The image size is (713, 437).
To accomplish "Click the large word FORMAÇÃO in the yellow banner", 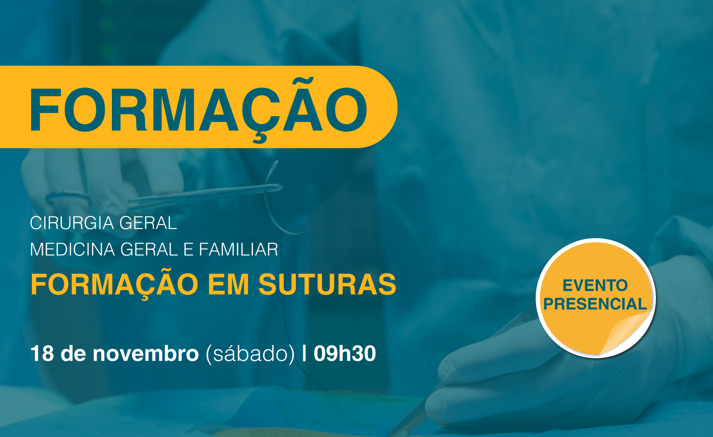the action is [199, 110].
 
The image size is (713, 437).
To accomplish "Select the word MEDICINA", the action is [72, 249].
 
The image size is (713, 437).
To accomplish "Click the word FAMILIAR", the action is [238, 249].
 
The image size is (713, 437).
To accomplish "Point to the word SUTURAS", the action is [327, 284].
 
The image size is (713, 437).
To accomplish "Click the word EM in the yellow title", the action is [228, 284].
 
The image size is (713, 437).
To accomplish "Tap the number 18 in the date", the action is [42, 353].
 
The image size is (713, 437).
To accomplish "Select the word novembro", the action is [146, 353].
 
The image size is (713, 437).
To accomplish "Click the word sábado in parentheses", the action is [250, 353].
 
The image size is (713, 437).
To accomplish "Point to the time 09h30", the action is [345, 353].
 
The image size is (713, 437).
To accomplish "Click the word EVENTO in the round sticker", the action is [595, 285].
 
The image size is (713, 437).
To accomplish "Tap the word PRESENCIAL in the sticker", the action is [595, 304].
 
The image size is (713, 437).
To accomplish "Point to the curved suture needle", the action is [280, 204].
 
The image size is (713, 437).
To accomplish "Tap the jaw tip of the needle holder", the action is [280, 187].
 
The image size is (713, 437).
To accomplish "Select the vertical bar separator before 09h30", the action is [305, 353].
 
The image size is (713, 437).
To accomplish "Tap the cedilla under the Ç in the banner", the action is [260, 137].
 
